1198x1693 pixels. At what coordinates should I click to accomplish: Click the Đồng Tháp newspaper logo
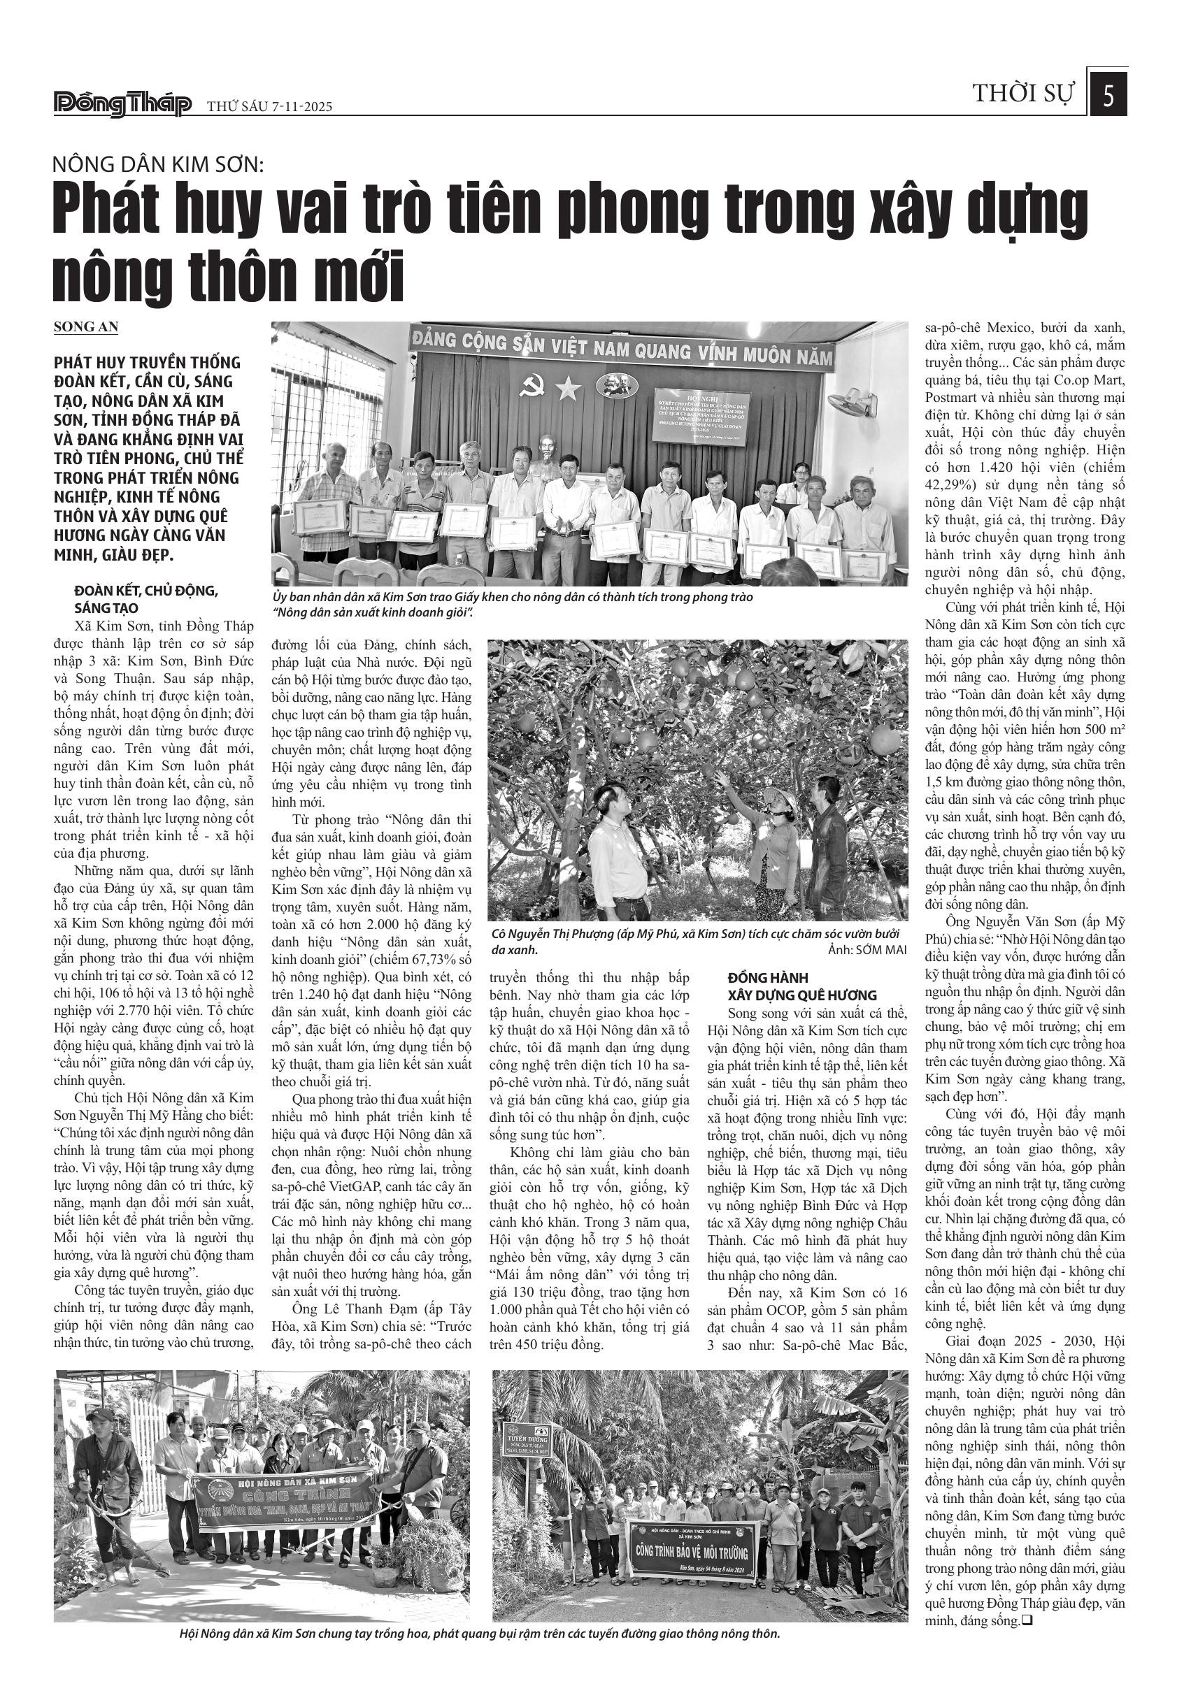point(122,105)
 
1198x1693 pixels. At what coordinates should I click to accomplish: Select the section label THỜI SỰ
point(1023,94)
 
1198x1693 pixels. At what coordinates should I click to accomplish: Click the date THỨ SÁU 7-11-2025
point(269,107)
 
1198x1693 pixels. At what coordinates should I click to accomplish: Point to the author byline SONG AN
point(85,326)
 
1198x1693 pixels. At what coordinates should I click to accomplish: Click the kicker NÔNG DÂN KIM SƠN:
point(157,164)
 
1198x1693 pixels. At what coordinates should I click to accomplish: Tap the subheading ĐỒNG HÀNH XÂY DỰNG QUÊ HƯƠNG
point(802,987)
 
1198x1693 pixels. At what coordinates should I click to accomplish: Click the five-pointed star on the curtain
point(568,388)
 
